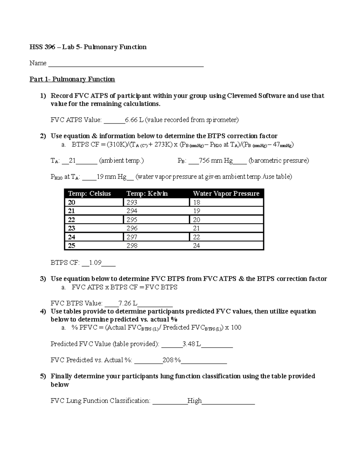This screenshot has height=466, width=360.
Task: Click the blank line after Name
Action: (x=126, y=64)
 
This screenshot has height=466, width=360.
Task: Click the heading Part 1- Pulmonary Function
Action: (x=72, y=79)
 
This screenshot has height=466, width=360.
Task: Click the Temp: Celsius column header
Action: (x=89, y=194)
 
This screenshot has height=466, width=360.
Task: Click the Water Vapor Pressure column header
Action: (x=226, y=194)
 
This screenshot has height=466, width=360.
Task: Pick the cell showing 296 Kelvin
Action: (x=132, y=228)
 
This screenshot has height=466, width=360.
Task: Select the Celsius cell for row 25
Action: (x=71, y=246)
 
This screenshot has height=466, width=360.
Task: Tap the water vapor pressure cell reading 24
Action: (x=196, y=246)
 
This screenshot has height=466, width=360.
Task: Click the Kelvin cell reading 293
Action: (x=132, y=203)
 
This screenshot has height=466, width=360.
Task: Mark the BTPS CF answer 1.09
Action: (x=95, y=263)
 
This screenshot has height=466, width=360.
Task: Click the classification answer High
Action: (x=194, y=401)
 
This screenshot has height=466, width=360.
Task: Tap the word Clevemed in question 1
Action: (x=242, y=96)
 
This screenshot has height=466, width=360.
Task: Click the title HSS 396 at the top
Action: (x=42, y=47)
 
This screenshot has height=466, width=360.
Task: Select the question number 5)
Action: (x=43, y=376)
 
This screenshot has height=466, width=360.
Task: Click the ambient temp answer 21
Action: (x=72, y=161)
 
